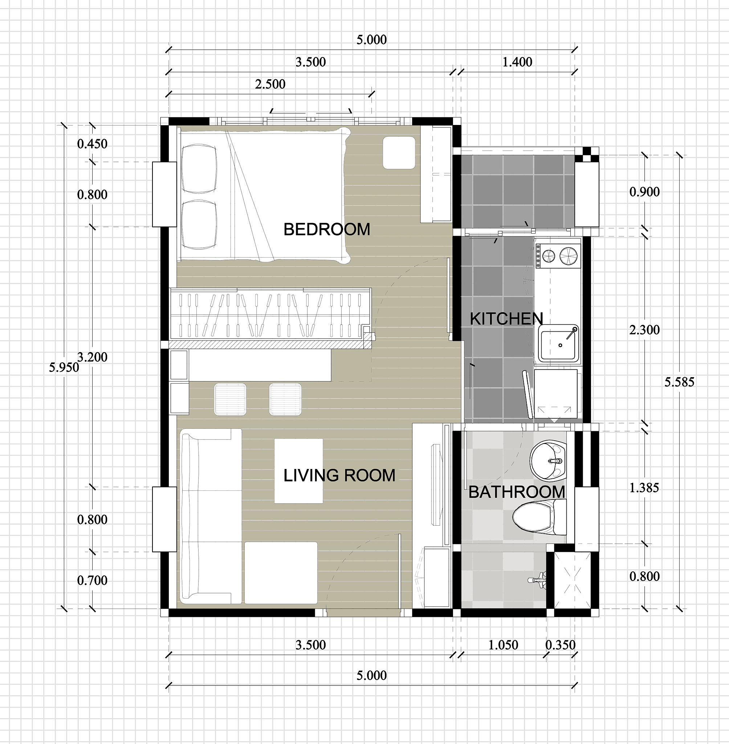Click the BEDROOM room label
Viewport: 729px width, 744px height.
pos(327,229)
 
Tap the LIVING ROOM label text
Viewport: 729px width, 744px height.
pos(339,476)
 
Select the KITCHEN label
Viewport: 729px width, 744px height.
pos(506,319)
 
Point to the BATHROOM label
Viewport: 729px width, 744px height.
pos(517,492)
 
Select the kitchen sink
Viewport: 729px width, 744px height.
pos(559,343)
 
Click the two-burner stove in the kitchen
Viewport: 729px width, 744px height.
pos(558,256)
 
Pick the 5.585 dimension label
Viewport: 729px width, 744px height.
pos(679,382)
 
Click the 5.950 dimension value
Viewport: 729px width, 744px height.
pos(64,367)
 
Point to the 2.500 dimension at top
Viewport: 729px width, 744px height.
pos(270,84)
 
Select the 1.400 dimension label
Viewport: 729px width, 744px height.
pos(517,62)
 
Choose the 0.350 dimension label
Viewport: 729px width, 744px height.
pos(561,645)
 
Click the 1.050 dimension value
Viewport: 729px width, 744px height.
pos(503,645)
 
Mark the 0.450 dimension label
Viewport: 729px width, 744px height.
pos(92,144)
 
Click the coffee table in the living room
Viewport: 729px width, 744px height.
pos(299,471)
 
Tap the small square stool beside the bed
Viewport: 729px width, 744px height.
pos(399,153)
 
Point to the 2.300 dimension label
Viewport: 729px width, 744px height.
pos(644,330)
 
